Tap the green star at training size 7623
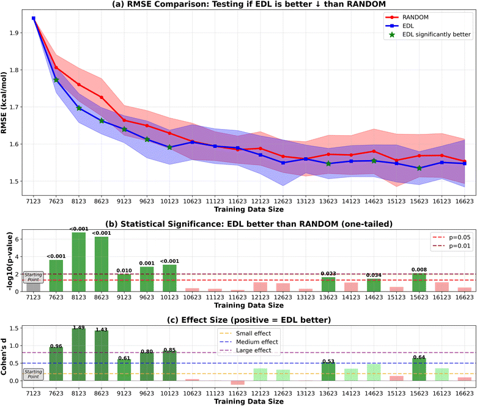coord(56,80)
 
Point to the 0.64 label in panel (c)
coord(419,357)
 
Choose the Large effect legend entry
coord(257,350)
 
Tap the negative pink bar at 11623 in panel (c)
coord(237,382)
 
